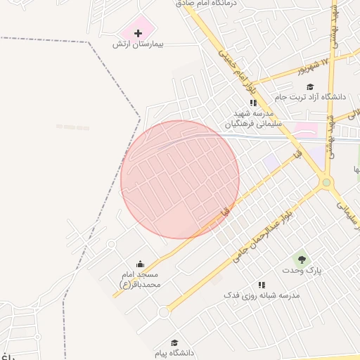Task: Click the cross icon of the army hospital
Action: [138, 33]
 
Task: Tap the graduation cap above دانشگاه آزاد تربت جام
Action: [320, 86]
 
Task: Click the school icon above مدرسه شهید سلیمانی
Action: [253, 103]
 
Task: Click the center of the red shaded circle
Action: [180, 179]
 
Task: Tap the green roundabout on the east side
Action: [326, 184]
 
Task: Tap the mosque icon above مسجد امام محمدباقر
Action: [139, 263]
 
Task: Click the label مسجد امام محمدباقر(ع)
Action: [140, 279]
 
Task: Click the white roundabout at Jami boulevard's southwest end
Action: [164, 312]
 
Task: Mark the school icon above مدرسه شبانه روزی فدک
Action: [262, 285]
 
